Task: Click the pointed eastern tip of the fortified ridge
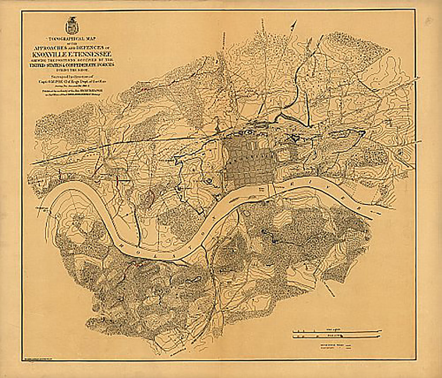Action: pyautogui.click(x=364, y=132)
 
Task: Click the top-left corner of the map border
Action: pyautogui.click(x=22, y=11)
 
